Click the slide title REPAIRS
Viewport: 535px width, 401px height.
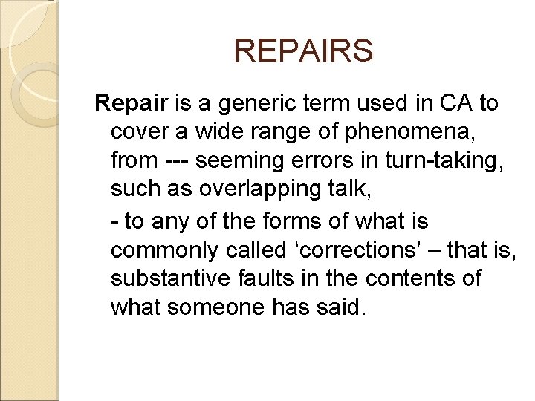302,51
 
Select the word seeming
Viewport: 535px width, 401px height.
248,160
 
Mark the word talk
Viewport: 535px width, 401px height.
351,189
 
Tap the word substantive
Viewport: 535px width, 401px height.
164,278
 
